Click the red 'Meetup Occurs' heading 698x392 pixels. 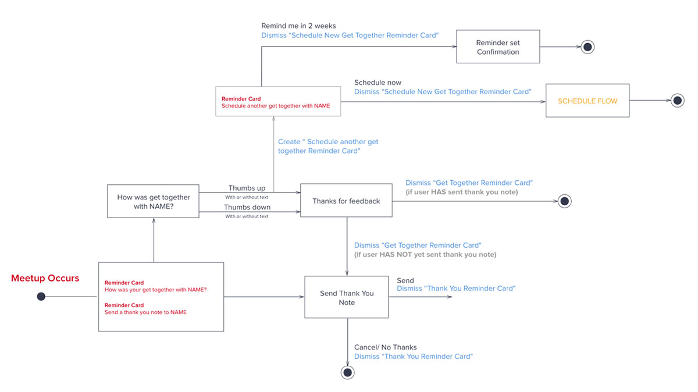click(x=45, y=278)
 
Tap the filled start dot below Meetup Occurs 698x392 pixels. click(x=41, y=297)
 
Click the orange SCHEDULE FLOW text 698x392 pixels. click(x=587, y=101)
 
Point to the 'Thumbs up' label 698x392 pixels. click(x=247, y=188)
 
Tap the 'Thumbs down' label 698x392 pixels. click(x=247, y=207)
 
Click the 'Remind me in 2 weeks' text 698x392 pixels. click(x=298, y=26)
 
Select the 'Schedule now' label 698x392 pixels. click(x=378, y=83)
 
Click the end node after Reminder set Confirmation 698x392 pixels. click(x=587, y=47)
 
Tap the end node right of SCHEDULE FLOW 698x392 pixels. click(x=678, y=101)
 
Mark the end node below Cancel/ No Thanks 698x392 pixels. click(x=347, y=372)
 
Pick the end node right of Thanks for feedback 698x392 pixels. click(x=565, y=201)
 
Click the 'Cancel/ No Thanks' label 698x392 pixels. click(x=386, y=347)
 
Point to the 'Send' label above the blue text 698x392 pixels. click(x=405, y=280)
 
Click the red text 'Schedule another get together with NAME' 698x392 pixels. click(x=276, y=106)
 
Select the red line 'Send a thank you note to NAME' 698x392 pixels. click(x=145, y=312)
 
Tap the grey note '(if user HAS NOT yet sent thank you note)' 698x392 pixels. click(x=425, y=255)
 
